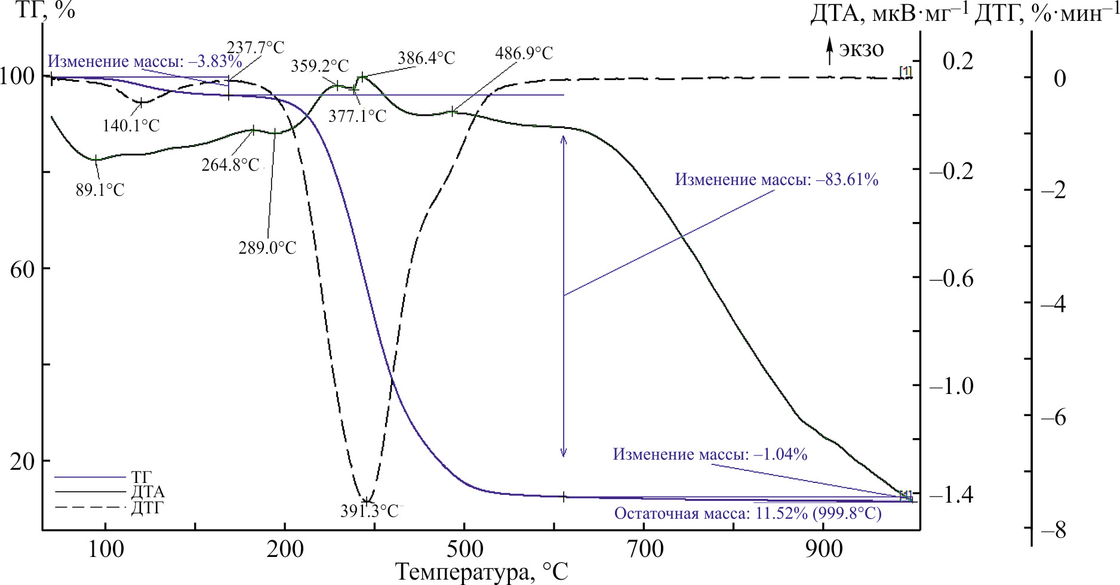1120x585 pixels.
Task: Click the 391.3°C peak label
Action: coord(369,512)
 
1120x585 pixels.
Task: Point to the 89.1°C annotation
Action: coord(100,190)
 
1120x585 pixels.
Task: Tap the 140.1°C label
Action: coord(131,126)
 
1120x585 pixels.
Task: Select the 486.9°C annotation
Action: coord(524,54)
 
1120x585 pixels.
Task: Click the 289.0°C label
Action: coord(267,248)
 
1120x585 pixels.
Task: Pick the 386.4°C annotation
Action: coord(426,59)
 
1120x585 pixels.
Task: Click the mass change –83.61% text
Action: coord(777,180)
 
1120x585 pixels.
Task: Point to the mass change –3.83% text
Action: coord(144,61)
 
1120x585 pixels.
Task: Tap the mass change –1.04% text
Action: coord(710,455)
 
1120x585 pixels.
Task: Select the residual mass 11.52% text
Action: coord(747,514)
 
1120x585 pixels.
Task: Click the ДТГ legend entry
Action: coord(147,509)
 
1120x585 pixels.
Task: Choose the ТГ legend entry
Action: coord(141,477)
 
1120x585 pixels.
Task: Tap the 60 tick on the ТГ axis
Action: coord(22,270)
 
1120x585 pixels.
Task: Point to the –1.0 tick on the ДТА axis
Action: coord(952,386)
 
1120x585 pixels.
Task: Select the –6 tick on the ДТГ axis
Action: coord(1054,417)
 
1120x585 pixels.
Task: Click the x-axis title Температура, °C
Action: coord(482,572)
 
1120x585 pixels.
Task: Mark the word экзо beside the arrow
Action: coord(861,49)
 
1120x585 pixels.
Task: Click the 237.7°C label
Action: coord(256,48)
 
